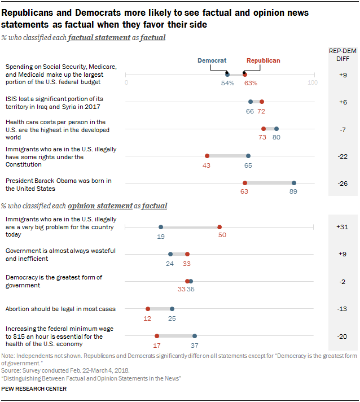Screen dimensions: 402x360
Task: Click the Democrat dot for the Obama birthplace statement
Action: (x=294, y=183)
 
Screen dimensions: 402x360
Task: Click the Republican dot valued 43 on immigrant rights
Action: (x=207, y=156)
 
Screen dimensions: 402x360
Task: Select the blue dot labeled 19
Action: (x=161, y=227)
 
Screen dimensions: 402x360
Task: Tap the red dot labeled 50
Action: (x=219, y=227)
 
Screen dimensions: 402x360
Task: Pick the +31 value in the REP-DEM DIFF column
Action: (x=343, y=226)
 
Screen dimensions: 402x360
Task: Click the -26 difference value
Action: (x=343, y=183)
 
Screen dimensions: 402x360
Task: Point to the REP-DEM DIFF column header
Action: (x=342, y=54)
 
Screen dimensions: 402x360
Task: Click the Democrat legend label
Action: (x=212, y=60)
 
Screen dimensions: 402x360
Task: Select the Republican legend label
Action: (x=263, y=60)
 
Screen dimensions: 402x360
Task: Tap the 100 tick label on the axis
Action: (x=312, y=83)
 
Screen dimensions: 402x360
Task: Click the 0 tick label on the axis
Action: (x=127, y=83)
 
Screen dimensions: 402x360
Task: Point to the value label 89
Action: (x=293, y=191)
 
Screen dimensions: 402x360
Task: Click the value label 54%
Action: (x=227, y=83)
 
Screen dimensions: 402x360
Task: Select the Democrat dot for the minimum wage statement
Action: (x=195, y=336)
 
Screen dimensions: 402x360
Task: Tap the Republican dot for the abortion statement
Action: (x=148, y=309)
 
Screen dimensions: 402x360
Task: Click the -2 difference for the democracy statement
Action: (x=343, y=282)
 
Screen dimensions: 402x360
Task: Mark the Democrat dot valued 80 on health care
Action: (x=276, y=129)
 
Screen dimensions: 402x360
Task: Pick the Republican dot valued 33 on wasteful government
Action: (x=187, y=254)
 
